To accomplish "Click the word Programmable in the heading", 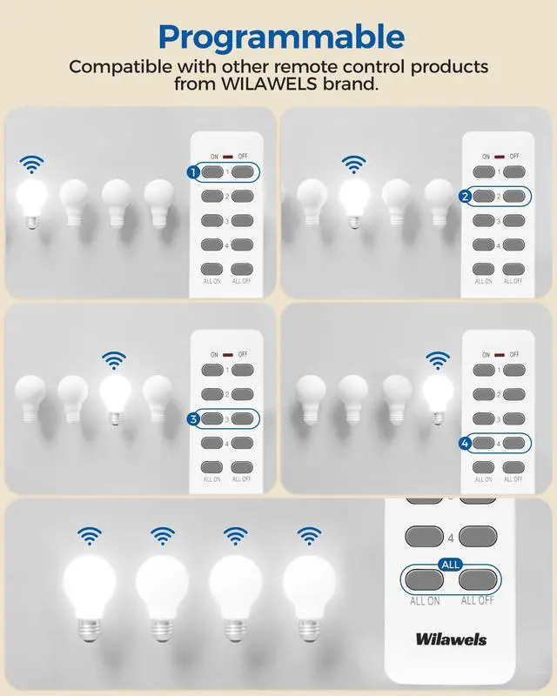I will tap(281, 37).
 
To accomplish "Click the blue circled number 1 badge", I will tap(193, 172).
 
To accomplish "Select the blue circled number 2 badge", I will tap(465, 197).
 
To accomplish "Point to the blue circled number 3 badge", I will tap(193, 418).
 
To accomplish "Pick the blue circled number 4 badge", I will tap(465, 444).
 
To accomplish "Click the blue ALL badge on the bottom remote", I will tap(450, 564).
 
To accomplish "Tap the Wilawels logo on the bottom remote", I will tap(452, 639).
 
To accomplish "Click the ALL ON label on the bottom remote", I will tap(425, 601).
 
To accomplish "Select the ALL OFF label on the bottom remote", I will tap(478, 601).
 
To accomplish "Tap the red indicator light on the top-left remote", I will tap(227, 157).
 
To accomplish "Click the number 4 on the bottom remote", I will tap(451, 537).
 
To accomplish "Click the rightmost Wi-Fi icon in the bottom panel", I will tap(309, 535).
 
